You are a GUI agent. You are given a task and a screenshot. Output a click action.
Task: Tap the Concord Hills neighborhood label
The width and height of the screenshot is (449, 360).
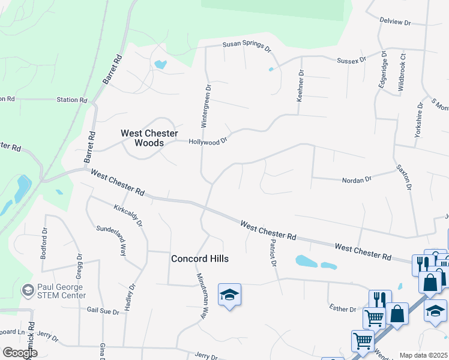click(x=200, y=259)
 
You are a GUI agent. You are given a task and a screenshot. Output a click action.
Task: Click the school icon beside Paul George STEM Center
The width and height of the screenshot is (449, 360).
click(x=28, y=291)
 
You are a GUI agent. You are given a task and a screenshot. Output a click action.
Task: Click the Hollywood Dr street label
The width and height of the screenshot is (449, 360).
click(x=208, y=142)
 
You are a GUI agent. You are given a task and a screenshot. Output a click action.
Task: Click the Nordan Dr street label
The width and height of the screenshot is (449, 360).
click(x=357, y=179)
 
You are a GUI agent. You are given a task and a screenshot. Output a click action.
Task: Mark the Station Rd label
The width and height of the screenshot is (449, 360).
click(x=72, y=100)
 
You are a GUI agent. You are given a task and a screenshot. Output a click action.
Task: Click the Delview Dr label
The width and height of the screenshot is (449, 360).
click(x=395, y=22)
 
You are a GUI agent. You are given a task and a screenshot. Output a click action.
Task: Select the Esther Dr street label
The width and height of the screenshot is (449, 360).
click(x=342, y=308)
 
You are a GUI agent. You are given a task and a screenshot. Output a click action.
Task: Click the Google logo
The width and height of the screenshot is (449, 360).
click(x=20, y=353)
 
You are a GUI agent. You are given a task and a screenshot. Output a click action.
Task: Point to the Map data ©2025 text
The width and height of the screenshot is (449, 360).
click(x=424, y=355)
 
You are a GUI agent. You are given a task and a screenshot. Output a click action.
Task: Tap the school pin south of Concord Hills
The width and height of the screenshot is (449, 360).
click(x=229, y=295)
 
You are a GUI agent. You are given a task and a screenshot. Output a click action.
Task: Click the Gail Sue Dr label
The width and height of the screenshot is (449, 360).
click(x=104, y=311)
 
